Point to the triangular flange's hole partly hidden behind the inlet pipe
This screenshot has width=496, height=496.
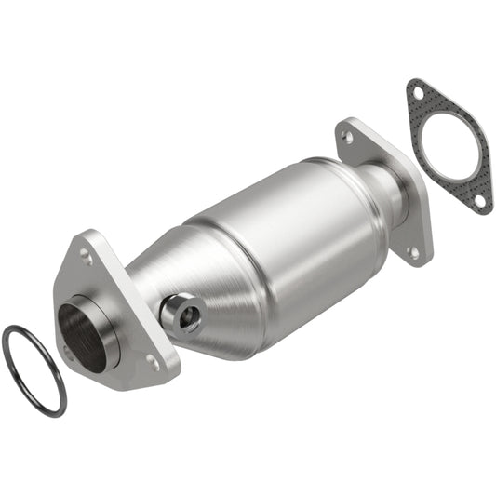[x=68, y=351]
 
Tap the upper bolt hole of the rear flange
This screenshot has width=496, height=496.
[x=348, y=136]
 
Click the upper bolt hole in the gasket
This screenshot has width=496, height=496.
[x=418, y=93]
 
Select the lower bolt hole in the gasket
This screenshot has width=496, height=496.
[x=478, y=199]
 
